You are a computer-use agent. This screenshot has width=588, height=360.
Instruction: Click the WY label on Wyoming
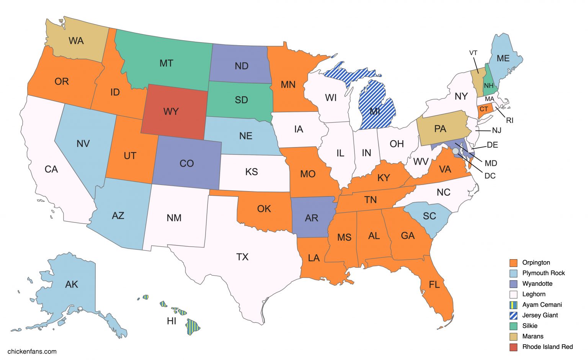[171, 111]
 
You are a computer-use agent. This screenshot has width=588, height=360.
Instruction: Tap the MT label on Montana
[166, 63]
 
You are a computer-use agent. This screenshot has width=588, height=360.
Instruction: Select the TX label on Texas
[242, 257]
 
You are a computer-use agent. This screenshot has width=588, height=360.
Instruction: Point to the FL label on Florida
[434, 285]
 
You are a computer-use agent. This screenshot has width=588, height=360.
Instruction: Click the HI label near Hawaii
[171, 321]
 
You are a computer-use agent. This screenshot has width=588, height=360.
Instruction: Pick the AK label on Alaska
[72, 284]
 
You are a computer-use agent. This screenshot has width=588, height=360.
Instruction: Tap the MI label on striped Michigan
[375, 112]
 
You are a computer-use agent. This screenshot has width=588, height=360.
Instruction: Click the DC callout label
[490, 176]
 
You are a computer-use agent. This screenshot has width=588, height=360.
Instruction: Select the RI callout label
[510, 120]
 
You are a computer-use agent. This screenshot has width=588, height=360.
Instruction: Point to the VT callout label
[473, 53]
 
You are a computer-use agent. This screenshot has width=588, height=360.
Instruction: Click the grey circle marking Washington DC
[455, 151]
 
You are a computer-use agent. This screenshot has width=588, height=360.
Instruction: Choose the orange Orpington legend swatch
[513, 263]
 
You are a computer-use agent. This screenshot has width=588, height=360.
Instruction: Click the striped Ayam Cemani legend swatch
[513, 305]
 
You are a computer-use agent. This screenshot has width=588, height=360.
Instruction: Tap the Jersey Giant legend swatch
[513, 316]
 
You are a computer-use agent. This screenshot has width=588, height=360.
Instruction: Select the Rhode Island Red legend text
[547, 347]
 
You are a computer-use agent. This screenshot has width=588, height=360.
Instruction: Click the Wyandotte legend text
[537, 284]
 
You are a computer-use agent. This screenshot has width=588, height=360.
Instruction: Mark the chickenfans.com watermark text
[32, 351]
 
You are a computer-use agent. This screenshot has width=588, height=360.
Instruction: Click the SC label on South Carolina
[429, 216]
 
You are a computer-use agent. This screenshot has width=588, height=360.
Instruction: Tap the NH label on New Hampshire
[488, 85]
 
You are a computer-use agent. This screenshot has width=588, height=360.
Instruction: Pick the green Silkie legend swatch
[513, 326]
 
